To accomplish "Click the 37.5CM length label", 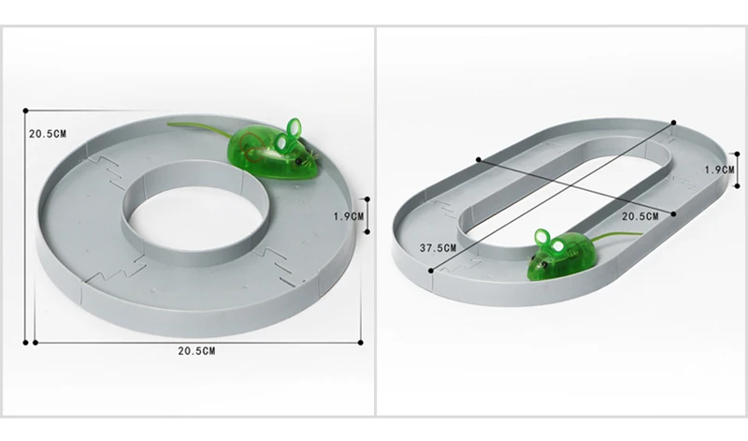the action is point(438,248).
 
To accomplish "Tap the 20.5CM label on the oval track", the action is point(640,216).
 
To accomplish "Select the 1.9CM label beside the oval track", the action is point(719,169).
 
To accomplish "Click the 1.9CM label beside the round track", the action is point(348,216).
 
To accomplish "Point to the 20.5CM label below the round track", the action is point(196,351).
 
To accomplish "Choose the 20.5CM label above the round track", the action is point(48,134).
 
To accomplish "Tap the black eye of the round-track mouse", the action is point(299,161).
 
